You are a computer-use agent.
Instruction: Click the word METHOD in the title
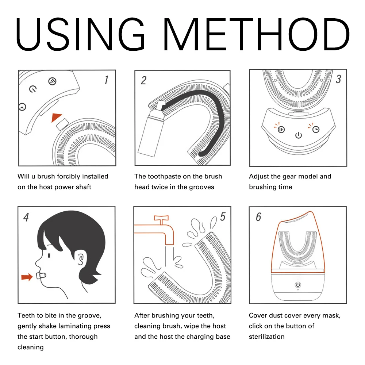click(257, 34)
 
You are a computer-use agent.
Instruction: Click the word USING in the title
click(80, 34)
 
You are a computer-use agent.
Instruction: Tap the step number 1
click(106, 80)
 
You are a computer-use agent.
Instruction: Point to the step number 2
click(143, 81)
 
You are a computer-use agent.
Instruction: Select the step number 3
click(338, 79)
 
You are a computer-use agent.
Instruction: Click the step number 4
click(26, 217)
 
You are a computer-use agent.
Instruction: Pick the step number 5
click(223, 217)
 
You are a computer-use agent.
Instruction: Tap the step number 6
click(258, 217)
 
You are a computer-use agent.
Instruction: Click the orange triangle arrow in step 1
click(56, 117)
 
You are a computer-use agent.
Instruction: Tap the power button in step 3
click(299, 135)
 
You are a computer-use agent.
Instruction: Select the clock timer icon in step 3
click(316, 130)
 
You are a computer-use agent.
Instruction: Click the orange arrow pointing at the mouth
click(27, 277)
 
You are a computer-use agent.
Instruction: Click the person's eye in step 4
click(49, 255)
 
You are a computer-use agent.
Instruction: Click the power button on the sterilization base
click(298, 284)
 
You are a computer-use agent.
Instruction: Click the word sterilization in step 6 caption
click(266, 337)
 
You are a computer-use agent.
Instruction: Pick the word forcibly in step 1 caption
click(69, 176)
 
